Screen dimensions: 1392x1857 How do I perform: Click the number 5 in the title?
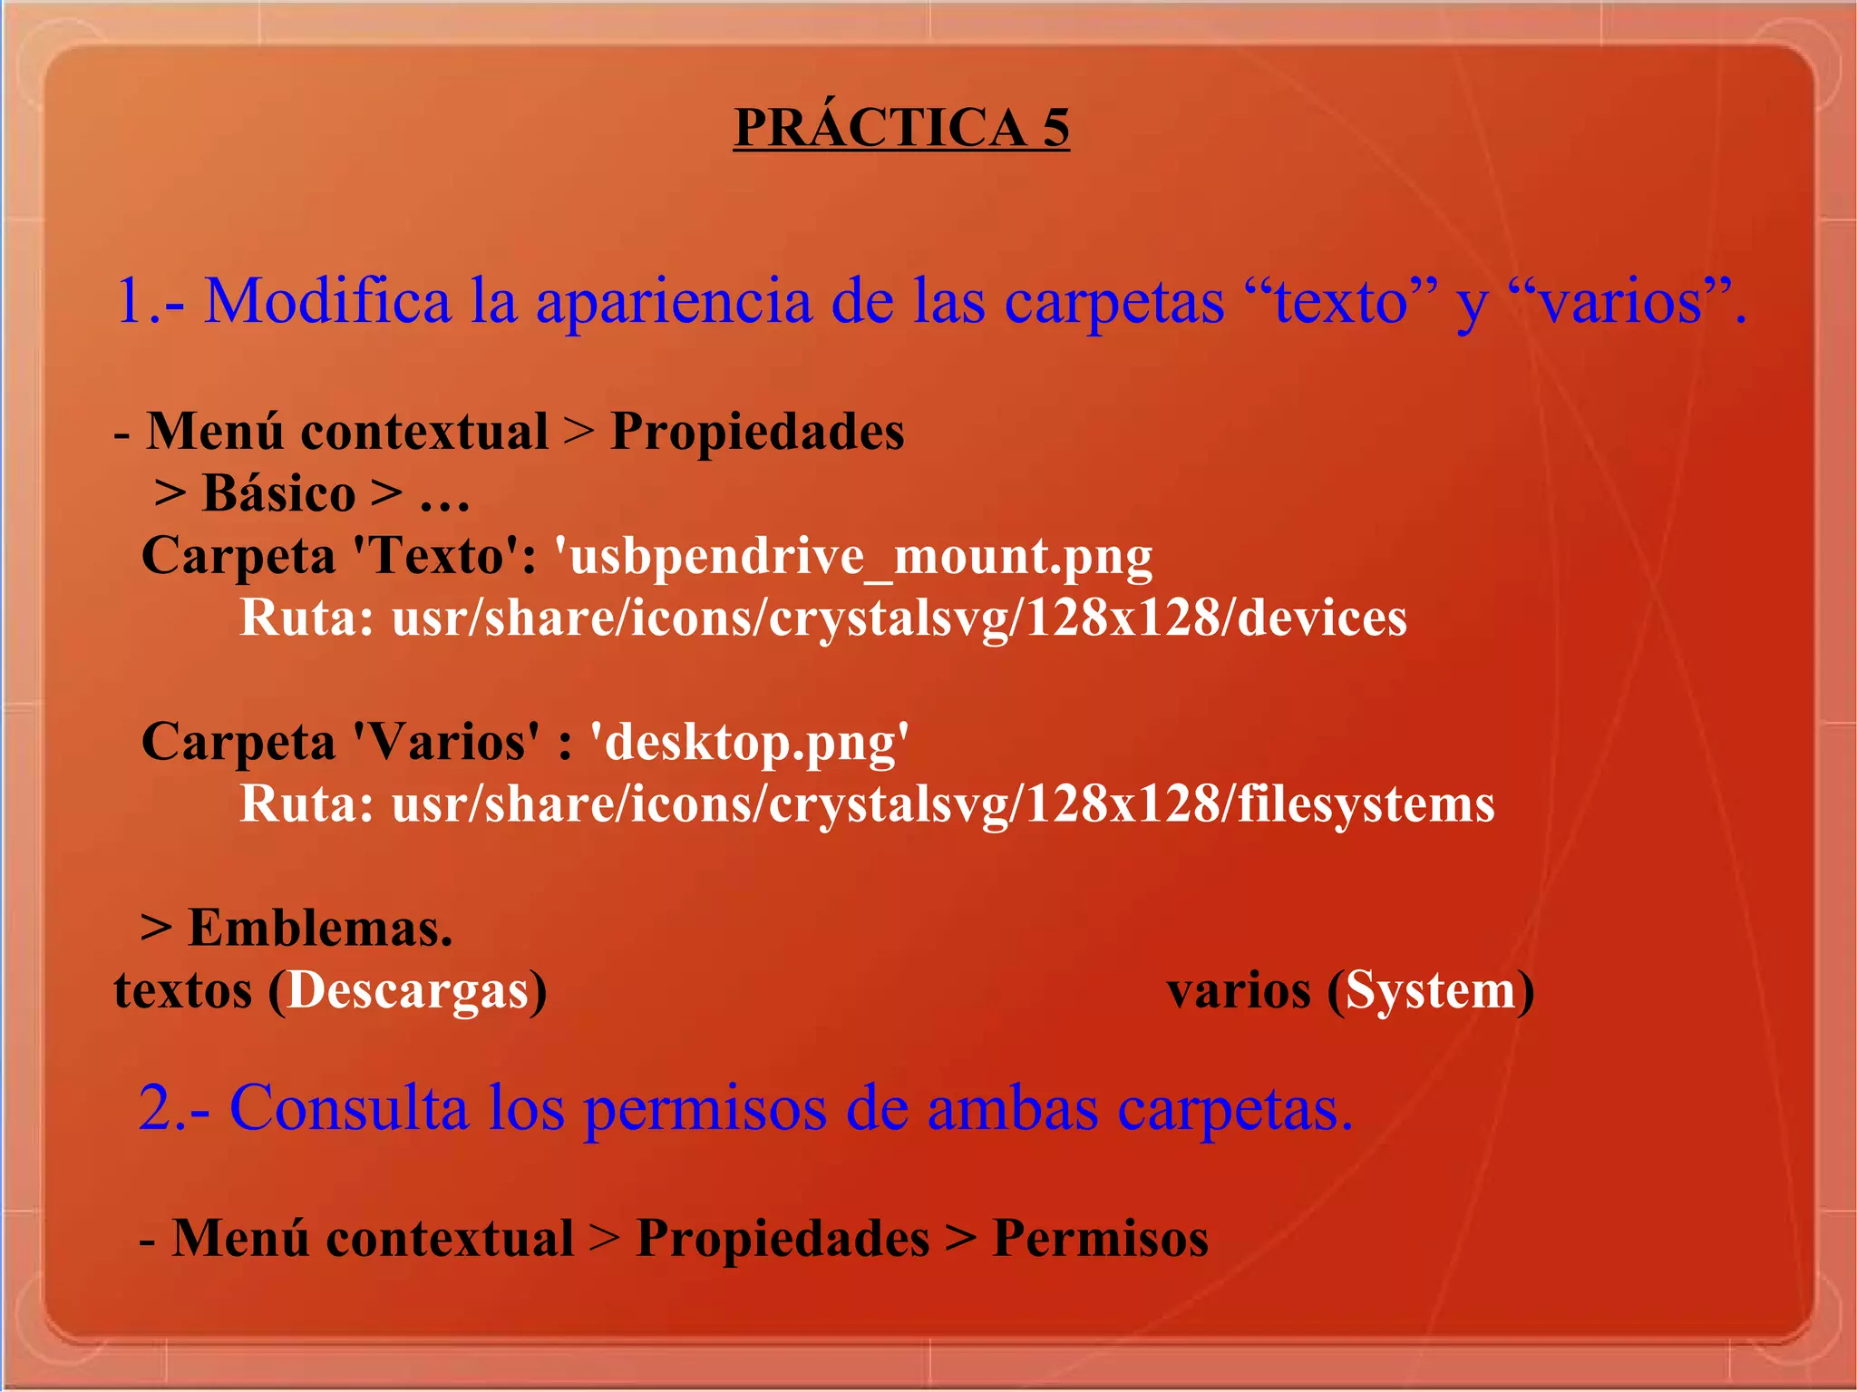click(1055, 127)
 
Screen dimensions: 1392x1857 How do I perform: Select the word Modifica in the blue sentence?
click(326, 300)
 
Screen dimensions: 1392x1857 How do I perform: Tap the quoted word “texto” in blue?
click(1341, 300)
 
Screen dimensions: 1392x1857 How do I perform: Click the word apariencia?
click(673, 300)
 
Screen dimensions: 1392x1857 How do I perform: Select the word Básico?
click(278, 493)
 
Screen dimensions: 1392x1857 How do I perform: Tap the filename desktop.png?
click(749, 742)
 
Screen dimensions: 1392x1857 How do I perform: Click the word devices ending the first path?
click(1322, 618)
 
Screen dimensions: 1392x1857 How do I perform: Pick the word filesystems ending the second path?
click(1366, 804)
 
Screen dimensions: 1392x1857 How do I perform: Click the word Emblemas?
click(319, 928)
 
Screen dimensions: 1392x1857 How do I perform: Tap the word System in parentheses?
click(1430, 989)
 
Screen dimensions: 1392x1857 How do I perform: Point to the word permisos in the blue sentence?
click(704, 1108)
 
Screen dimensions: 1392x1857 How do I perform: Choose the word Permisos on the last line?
click(1100, 1238)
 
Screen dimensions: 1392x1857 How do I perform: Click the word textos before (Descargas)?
click(182, 989)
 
